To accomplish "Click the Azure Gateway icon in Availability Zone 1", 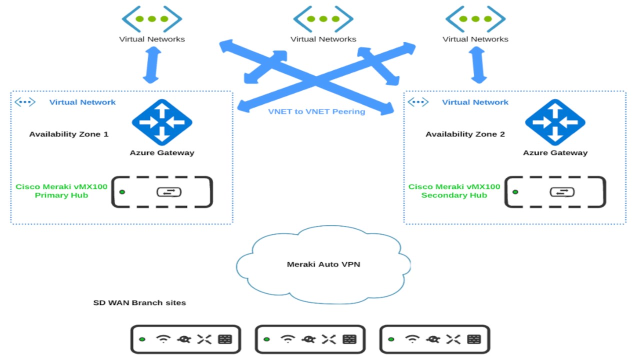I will pyautogui.click(x=161, y=122).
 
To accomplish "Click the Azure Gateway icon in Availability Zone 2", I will pyautogui.click(x=554, y=122).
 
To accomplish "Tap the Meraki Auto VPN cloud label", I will pyautogui.click(x=323, y=264).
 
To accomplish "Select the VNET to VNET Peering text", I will pyautogui.click(x=316, y=111).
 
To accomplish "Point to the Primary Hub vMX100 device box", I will pyautogui.click(x=161, y=192).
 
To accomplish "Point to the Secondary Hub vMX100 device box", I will pyautogui.click(x=555, y=192).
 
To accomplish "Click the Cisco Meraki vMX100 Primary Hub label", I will pyautogui.click(x=61, y=191).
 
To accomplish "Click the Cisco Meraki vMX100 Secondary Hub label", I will pyautogui.click(x=454, y=191).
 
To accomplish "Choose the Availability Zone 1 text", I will pyautogui.click(x=68, y=134).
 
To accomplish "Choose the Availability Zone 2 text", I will pyautogui.click(x=465, y=134).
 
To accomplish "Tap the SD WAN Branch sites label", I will pyautogui.click(x=139, y=302).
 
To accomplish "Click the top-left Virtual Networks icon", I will pyautogui.click(x=152, y=19).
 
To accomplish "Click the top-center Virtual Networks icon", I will pyautogui.click(x=323, y=19).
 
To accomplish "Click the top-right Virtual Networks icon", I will pyautogui.click(x=475, y=19).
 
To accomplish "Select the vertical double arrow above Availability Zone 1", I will pyautogui.click(x=151, y=65).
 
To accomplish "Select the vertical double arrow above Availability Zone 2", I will pyautogui.click(x=478, y=65).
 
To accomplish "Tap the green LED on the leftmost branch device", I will pyautogui.click(x=142, y=339).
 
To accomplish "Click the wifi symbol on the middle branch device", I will pyautogui.click(x=287, y=339).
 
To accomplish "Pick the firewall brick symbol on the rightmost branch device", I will pyautogui.click(x=473, y=339).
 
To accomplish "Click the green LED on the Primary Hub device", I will pyautogui.click(x=122, y=192).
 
